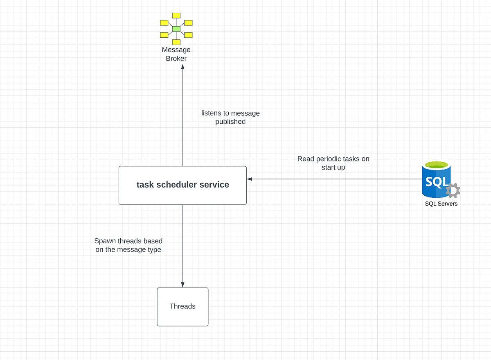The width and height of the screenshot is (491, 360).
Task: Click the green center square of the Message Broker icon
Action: pyautogui.click(x=176, y=29)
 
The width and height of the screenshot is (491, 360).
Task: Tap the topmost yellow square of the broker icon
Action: pyautogui.click(x=176, y=15)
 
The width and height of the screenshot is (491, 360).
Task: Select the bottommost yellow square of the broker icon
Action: pyautogui.click(x=176, y=42)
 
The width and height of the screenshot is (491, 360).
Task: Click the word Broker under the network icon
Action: pyautogui.click(x=176, y=59)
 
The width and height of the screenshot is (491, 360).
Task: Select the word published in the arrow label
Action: pyautogui.click(x=230, y=122)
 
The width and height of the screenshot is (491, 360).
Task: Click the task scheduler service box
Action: pyautogui.click(x=182, y=195)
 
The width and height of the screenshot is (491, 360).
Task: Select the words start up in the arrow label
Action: pyautogui.click(x=333, y=168)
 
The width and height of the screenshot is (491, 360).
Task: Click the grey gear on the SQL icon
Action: pyautogui.click(x=453, y=190)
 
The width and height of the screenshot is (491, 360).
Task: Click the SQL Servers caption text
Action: pyautogui.click(x=441, y=204)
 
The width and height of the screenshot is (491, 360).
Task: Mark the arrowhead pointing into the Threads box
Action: pyautogui.click(x=182, y=285)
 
